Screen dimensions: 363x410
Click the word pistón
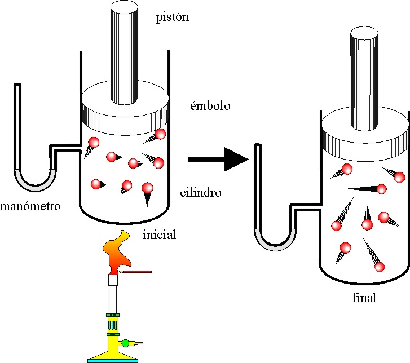point(172,17)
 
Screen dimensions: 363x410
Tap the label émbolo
point(210,105)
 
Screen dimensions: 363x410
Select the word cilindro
point(200,193)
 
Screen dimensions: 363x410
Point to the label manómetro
point(30,206)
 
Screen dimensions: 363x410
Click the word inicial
point(160,234)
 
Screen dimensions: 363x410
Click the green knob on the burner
point(125,342)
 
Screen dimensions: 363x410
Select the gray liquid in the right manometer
point(274,244)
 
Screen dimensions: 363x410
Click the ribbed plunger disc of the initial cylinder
point(125,115)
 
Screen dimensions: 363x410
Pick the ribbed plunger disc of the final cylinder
point(365,144)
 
